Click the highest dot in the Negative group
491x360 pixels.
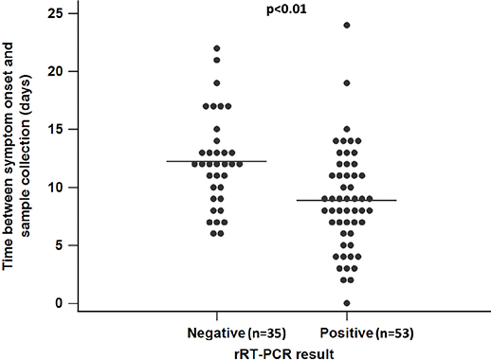[x=217, y=47]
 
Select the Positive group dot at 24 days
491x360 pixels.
[x=347, y=25]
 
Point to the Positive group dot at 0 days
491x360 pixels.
[x=347, y=303]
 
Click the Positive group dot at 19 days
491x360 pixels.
[x=347, y=83]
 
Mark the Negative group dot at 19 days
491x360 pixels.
[x=217, y=83]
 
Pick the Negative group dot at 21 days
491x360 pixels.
[x=217, y=60]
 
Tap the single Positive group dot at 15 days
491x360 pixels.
[x=347, y=129]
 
